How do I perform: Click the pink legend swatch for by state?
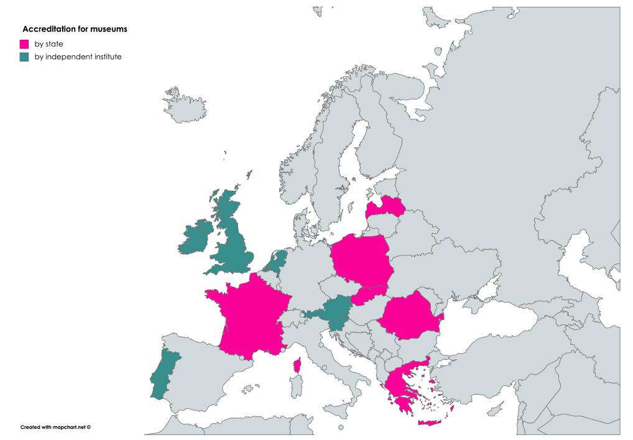[25, 44]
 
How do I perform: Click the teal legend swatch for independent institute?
[25, 57]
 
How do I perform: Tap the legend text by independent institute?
[78, 57]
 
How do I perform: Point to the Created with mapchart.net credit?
[56, 427]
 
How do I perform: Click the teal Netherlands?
[276, 260]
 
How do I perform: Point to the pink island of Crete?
[433, 423]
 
